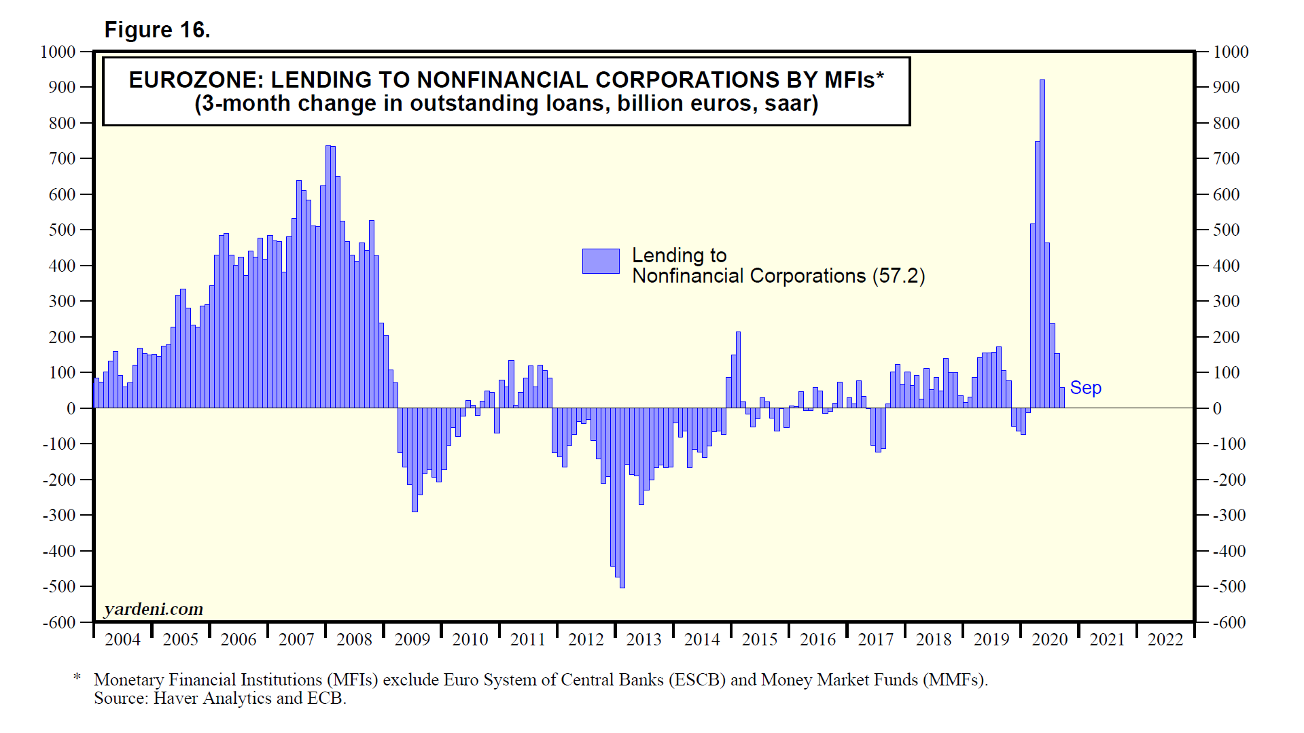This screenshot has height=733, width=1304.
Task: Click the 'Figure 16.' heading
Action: [x=157, y=30]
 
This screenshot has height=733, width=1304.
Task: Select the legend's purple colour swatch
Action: [x=601, y=261]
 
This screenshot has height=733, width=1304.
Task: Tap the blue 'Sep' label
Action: [x=1085, y=388]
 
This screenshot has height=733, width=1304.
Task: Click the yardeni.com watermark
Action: [x=154, y=609]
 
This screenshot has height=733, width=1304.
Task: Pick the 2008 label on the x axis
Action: [x=354, y=639]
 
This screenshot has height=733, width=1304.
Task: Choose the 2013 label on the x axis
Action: [x=644, y=639]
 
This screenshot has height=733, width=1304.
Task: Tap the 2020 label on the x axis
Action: [x=1049, y=639]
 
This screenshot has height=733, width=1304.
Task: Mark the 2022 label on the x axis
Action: [x=1165, y=639]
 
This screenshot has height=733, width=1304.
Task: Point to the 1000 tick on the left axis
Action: [x=58, y=52]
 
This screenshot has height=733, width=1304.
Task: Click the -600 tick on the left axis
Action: [x=59, y=622]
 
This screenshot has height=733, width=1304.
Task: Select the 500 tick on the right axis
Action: [x=1226, y=230]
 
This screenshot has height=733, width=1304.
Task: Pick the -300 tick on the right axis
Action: [x=1229, y=516]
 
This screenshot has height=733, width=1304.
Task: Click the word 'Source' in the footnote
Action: [x=120, y=698]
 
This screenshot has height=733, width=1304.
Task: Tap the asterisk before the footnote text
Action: [x=77, y=677]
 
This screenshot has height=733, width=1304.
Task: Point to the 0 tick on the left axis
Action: [x=71, y=409]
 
